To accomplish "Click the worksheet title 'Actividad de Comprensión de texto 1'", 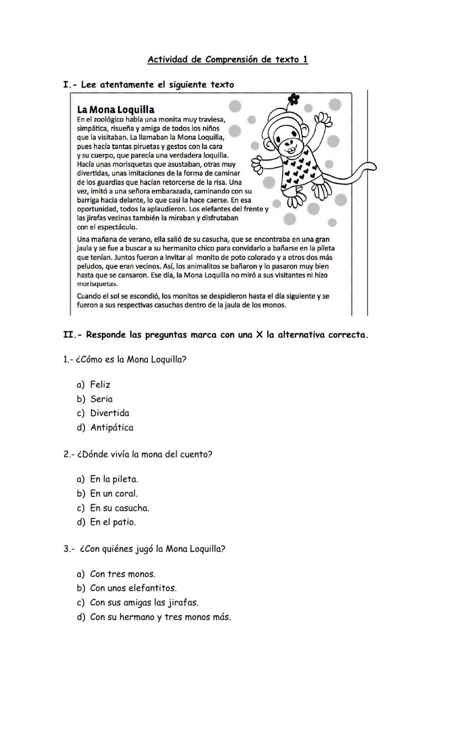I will [228, 59].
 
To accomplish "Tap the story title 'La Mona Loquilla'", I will [116, 110].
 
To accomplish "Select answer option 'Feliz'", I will [100, 384].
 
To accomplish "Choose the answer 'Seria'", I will [101, 399].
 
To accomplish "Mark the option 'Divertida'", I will [110, 413].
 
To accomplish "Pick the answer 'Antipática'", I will [112, 427].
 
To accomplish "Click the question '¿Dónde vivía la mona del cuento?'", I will [138, 454].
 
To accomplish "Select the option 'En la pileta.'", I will [114, 479].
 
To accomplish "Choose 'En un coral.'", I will [114, 493].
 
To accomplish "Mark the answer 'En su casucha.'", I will [119, 508].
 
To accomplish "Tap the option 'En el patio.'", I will [113, 522].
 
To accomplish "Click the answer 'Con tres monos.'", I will [122, 574].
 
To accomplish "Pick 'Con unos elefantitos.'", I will [133, 588].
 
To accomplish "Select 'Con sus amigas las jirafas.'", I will [144, 602].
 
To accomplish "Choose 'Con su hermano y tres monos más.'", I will [160, 617].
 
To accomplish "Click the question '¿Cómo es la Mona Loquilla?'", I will [125, 359].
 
